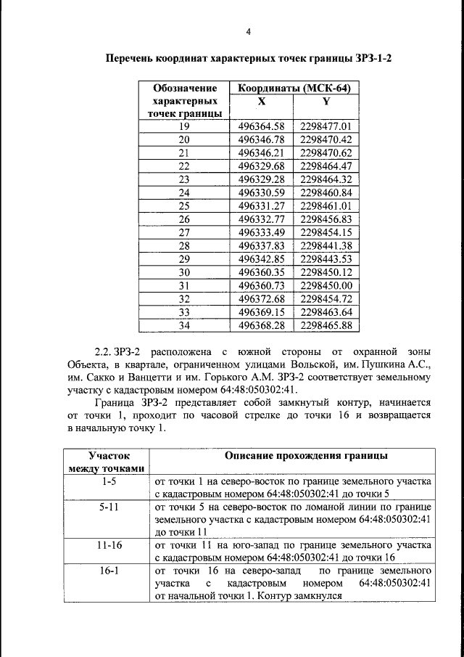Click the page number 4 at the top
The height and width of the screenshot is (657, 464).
pyautogui.click(x=248, y=31)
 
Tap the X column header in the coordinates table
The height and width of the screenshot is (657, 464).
pyautogui.click(x=261, y=102)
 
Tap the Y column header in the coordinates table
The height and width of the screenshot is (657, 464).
pyautogui.click(x=326, y=102)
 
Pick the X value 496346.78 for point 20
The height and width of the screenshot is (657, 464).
pyautogui.click(x=262, y=139)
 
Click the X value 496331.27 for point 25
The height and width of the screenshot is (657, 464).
pyautogui.click(x=262, y=206)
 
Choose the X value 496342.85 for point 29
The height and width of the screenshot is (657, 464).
pyautogui.click(x=262, y=259)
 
